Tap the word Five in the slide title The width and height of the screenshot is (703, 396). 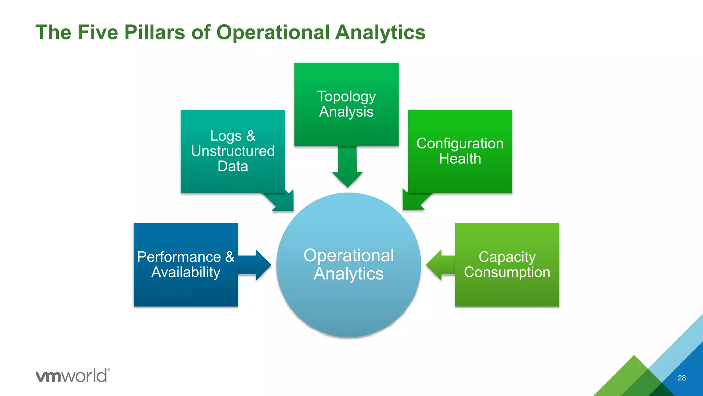click(97, 33)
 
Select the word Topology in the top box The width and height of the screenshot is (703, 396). click(346, 97)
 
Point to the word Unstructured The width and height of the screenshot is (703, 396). click(233, 151)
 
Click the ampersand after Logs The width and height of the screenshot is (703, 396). click(251, 136)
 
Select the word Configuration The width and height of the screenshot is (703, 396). click(460, 144)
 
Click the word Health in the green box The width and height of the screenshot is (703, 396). click(460, 159)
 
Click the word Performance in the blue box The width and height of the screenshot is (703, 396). click(179, 257)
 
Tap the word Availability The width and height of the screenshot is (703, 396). click(186, 272)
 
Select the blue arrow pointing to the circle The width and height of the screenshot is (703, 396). click(256, 265)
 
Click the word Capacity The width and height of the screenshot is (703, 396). click(507, 257)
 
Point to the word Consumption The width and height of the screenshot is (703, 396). click(507, 272)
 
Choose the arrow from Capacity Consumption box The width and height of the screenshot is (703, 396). click(439, 265)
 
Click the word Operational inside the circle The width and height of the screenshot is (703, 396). click(349, 255)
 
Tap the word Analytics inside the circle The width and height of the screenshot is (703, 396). click(349, 274)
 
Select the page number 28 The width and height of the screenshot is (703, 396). click(682, 378)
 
